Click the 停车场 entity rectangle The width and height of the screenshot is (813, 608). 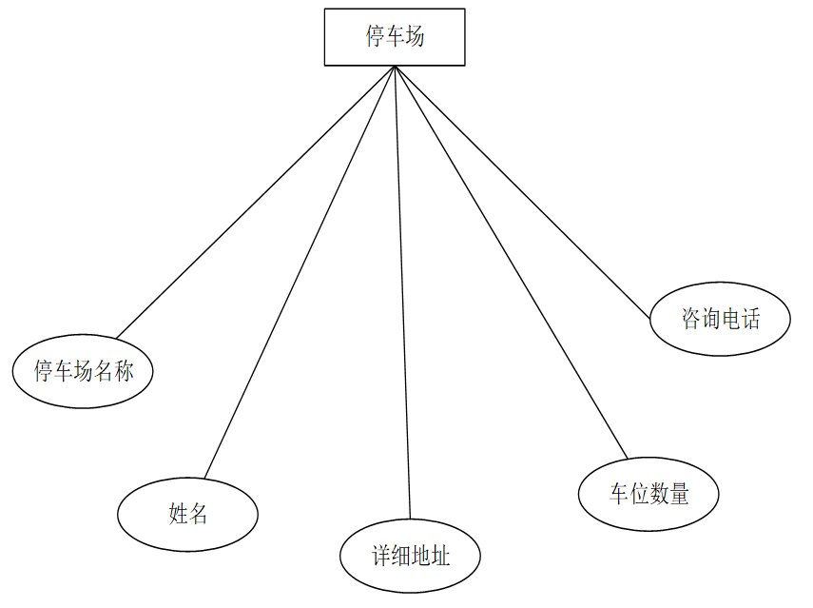pos(395,37)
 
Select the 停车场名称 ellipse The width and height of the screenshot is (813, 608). pos(83,371)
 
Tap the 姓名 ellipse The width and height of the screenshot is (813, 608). pos(187,515)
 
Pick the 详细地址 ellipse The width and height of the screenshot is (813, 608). pos(411,556)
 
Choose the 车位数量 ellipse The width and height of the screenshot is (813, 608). pos(648,494)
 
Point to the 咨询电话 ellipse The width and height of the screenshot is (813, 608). pos(720,319)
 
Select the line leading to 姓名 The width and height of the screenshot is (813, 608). pos(300,271)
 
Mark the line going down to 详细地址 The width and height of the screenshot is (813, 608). pos(402,285)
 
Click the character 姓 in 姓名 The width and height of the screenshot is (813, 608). pos(178,515)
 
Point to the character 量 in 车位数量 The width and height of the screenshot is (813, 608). pos(679,494)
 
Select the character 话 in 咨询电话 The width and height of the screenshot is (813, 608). pos(750,319)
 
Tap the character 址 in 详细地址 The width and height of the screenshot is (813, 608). pos(440,556)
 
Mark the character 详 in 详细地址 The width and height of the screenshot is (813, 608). pos(381,556)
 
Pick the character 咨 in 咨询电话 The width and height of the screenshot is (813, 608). pos(691,319)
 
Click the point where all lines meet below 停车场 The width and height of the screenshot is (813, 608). pos(395,67)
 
